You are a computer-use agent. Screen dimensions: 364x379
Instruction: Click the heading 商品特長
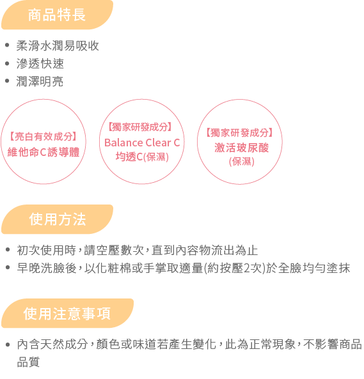coord(57,15)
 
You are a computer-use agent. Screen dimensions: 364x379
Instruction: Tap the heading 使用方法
coord(58,219)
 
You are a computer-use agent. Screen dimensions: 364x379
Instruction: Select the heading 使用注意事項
coord(67,314)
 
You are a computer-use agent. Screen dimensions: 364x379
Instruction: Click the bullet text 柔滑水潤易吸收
coord(58,45)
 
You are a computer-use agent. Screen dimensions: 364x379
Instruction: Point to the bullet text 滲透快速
coord(40,63)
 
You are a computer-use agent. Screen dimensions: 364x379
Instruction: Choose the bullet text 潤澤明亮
coord(40,81)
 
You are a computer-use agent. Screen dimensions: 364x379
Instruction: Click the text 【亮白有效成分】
coord(44,137)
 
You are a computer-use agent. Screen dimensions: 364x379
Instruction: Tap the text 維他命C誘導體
coord(44,152)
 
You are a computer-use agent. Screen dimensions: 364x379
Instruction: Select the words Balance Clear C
coord(142,143)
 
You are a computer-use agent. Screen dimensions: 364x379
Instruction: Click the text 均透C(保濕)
coord(142,157)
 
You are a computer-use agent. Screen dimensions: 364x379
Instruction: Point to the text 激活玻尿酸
coord(241,148)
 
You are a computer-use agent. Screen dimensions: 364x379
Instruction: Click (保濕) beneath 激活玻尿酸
coord(241,162)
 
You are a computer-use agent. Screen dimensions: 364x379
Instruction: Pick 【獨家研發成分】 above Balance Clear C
coord(140,127)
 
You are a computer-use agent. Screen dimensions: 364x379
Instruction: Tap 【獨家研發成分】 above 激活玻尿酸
coord(239,133)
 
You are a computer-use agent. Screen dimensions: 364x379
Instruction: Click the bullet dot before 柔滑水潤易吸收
coord(7,45)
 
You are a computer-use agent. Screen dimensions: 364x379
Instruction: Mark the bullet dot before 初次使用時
coord(8,249)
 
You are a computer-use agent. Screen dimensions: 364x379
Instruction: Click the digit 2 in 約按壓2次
coord(246,268)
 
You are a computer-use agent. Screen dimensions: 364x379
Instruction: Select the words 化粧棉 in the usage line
coord(113,268)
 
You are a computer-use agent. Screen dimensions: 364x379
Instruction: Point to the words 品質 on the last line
coord(28,362)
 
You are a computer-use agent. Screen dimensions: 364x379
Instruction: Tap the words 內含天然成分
coord(52,344)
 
